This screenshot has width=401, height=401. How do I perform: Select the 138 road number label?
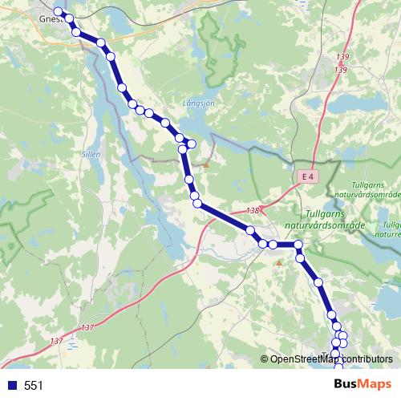(253, 210)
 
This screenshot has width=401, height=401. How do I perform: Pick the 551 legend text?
(34, 386)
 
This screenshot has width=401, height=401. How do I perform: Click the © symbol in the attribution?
(265, 359)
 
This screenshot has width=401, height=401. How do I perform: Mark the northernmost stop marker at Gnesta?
(58, 11)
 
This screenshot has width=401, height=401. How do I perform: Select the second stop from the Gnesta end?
(69, 18)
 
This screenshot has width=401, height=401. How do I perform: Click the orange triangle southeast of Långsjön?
(206, 165)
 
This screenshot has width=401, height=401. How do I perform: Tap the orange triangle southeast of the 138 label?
(278, 262)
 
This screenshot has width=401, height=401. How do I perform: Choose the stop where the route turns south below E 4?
(298, 244)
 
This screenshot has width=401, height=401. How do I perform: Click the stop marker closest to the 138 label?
(250, 231)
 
